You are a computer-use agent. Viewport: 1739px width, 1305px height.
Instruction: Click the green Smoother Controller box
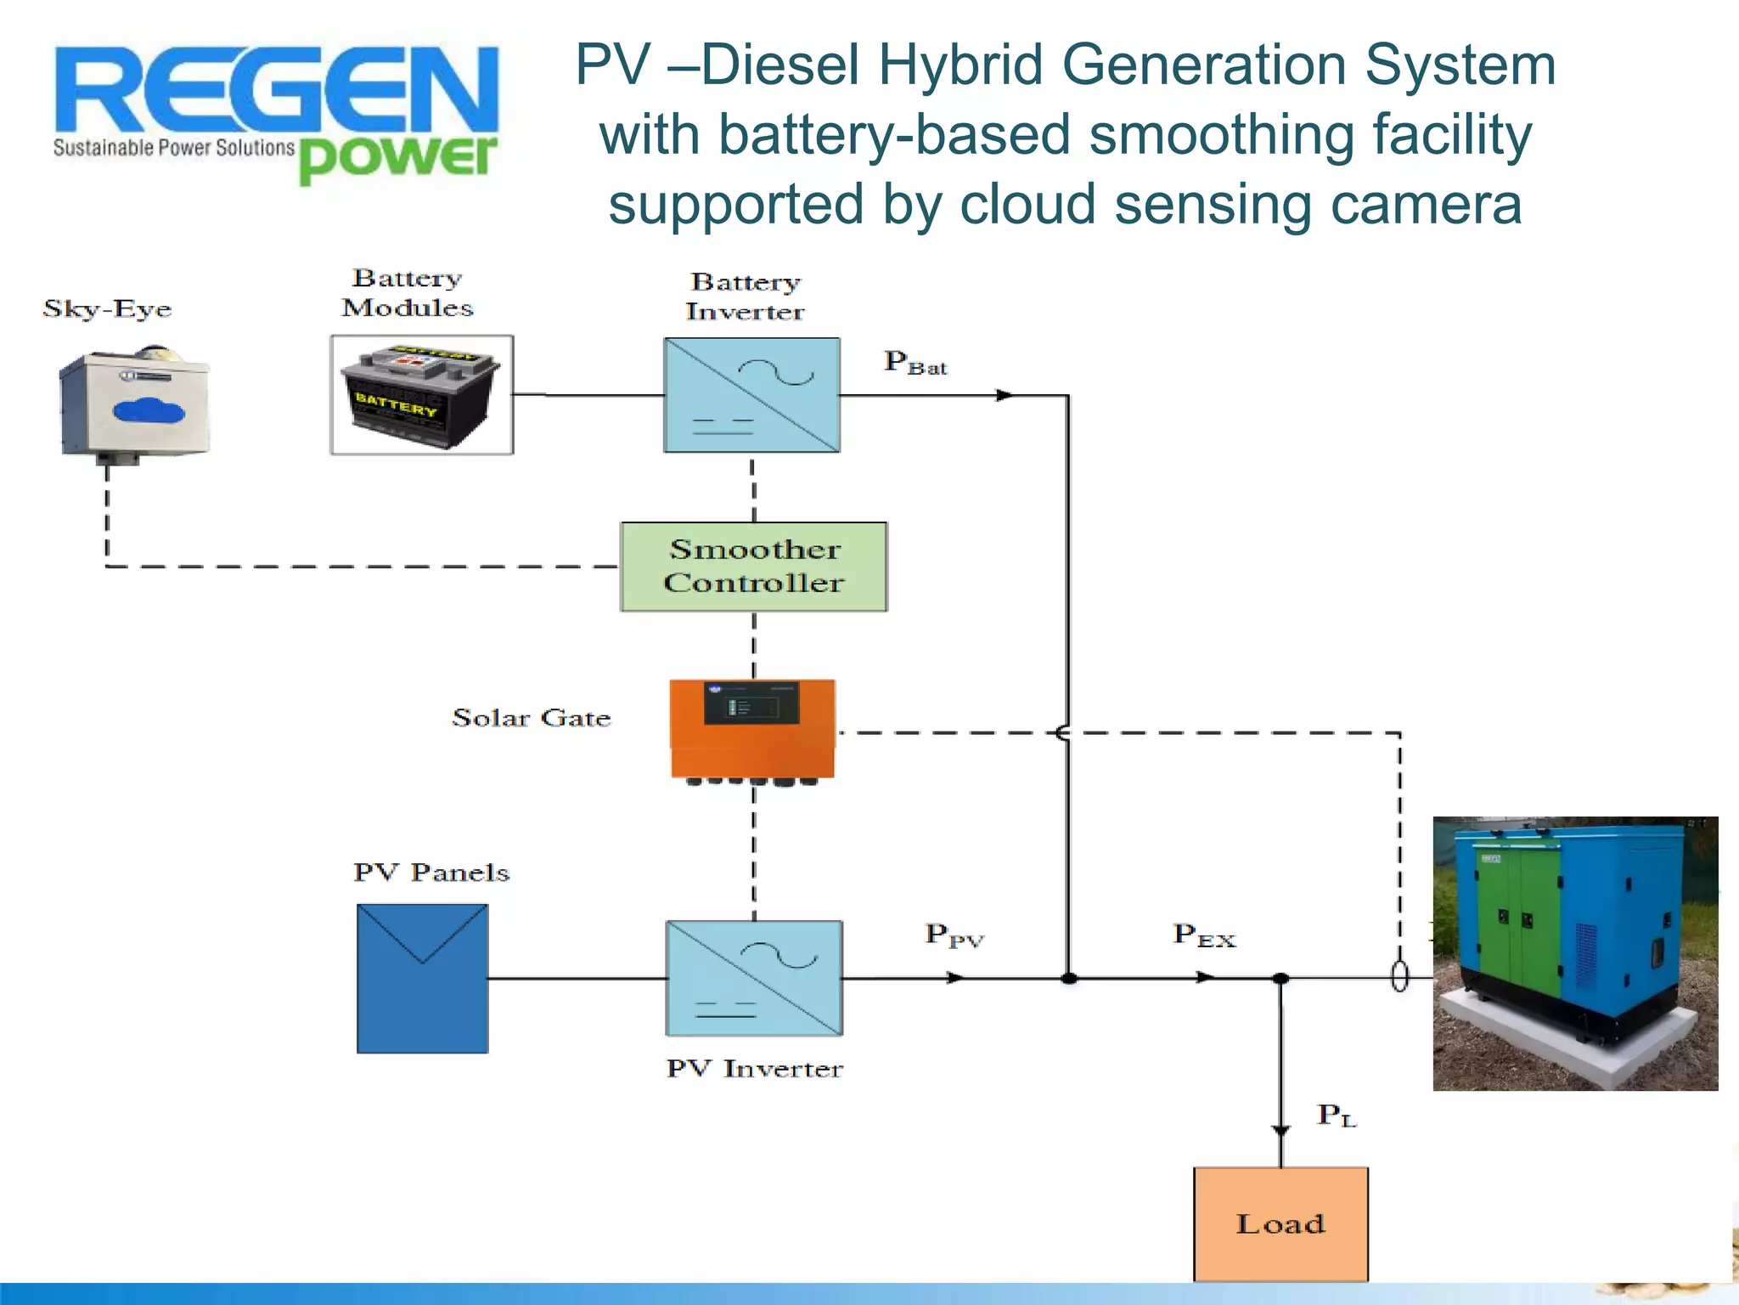[754, 567]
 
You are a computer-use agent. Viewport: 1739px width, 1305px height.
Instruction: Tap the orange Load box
[1280, 1223]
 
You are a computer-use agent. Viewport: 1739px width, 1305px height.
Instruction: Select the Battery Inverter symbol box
[752, 395]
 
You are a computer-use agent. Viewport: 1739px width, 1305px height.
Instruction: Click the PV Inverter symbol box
[754, 978]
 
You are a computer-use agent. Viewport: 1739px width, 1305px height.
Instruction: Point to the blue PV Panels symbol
[422, 978]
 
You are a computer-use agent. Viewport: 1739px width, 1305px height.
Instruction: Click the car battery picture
[421, 395]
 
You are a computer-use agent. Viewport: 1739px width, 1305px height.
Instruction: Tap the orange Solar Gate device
[752, 729]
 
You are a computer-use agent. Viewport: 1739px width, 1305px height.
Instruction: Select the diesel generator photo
[1575, 953]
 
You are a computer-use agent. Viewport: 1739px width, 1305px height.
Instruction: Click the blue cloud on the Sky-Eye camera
[149, 411]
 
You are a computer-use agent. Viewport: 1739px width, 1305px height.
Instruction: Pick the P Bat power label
[915, 363]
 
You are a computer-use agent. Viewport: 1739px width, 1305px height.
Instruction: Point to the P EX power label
[1204, 935]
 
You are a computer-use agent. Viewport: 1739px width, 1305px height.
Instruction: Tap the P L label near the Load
[1337, 1115]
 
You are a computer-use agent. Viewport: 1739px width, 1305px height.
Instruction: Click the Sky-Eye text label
[107, 308]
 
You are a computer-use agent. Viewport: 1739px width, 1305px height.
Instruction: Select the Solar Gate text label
[531, 718]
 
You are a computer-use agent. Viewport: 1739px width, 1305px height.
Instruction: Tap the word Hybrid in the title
[960, 65]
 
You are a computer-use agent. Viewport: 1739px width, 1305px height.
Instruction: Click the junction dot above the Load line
[1280, 979]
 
